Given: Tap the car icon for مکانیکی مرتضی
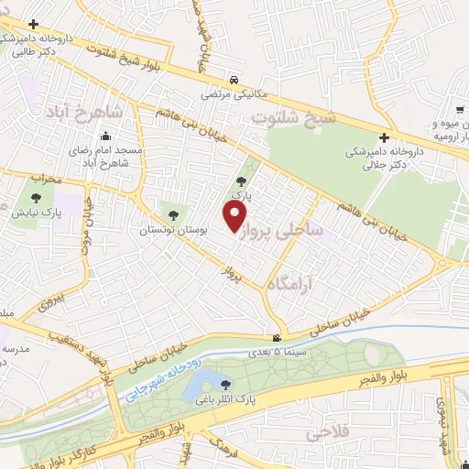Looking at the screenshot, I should tap(236, 80).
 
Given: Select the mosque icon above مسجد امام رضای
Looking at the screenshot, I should tap(103, 138).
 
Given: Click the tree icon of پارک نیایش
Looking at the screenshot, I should tap(36, 197).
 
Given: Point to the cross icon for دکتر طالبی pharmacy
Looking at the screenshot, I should tap(34, 24).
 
